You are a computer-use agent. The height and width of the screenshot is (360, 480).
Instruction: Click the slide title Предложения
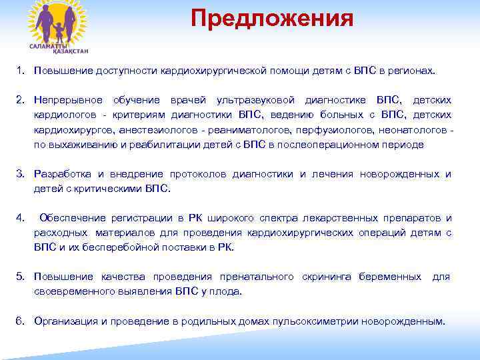[271, 18]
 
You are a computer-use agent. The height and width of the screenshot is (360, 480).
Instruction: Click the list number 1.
[21, 69]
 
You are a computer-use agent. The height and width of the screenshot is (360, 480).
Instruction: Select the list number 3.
[21, 174]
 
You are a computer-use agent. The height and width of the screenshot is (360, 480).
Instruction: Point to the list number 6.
[21, 321]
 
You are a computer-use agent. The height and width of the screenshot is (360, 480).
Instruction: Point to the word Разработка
[61, 174]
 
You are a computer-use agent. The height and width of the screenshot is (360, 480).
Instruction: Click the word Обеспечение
[71, 218]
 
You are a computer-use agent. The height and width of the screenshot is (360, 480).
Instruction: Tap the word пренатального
[257, 277]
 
